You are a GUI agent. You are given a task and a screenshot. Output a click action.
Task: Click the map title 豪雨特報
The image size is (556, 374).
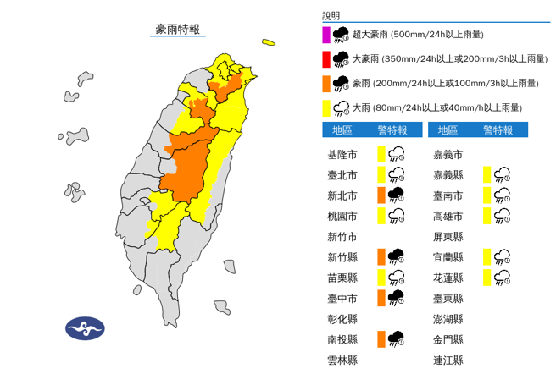coord(178,29)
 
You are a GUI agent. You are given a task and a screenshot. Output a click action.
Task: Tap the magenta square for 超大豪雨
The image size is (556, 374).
coord(326,35)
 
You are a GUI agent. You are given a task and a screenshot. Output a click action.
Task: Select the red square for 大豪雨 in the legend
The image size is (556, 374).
coord(326,59)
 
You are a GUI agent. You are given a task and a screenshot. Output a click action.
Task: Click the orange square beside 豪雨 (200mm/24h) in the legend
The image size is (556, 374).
coord(326,83)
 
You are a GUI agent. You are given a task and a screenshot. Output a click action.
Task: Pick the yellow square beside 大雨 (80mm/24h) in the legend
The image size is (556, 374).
coord(326,107)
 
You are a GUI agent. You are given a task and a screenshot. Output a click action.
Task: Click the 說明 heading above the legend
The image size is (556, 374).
coord(331,15)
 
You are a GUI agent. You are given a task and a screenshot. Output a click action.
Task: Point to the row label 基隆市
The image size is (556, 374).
coord(342,155)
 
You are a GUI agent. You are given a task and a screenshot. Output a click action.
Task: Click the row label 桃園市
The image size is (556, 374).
coord(342,216)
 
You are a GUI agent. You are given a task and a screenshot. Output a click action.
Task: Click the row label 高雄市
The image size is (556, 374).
coord(447,216)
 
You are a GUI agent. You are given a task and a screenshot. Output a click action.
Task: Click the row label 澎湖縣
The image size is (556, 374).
coord(447,318)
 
